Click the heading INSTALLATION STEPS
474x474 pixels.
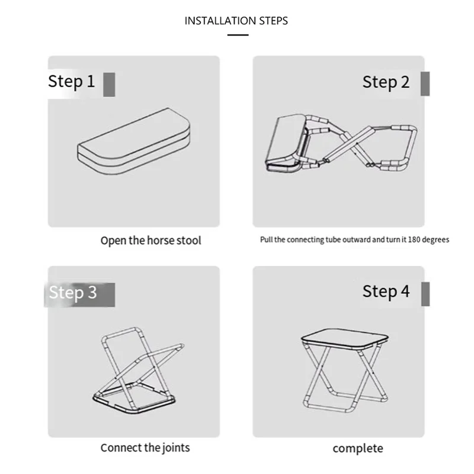[236, 21]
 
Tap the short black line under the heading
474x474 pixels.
[238, 35]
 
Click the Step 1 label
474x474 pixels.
[72, 82]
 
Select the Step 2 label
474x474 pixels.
[386, 82]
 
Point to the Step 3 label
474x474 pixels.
[73, 293]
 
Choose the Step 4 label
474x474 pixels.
[386, 292]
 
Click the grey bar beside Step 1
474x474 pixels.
[109, 85]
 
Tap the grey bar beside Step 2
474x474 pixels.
[425, 84]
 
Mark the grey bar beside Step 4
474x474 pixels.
[425, 294]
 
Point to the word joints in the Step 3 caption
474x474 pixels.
[176, 448]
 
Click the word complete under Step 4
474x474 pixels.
[358, 449]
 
